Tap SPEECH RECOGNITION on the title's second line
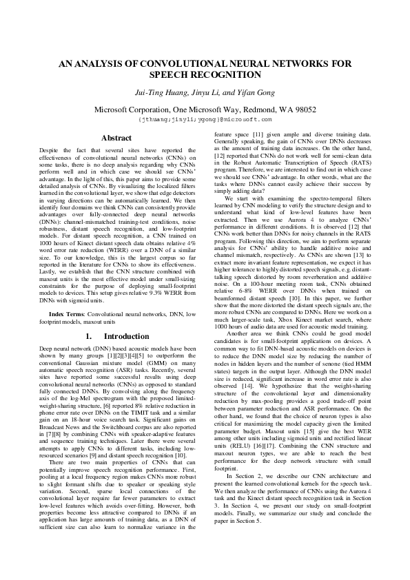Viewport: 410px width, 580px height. click(x=205, y=74)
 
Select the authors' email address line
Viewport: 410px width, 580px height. click(x=205, y=118)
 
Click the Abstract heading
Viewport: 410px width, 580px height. click(x=116, y=138)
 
